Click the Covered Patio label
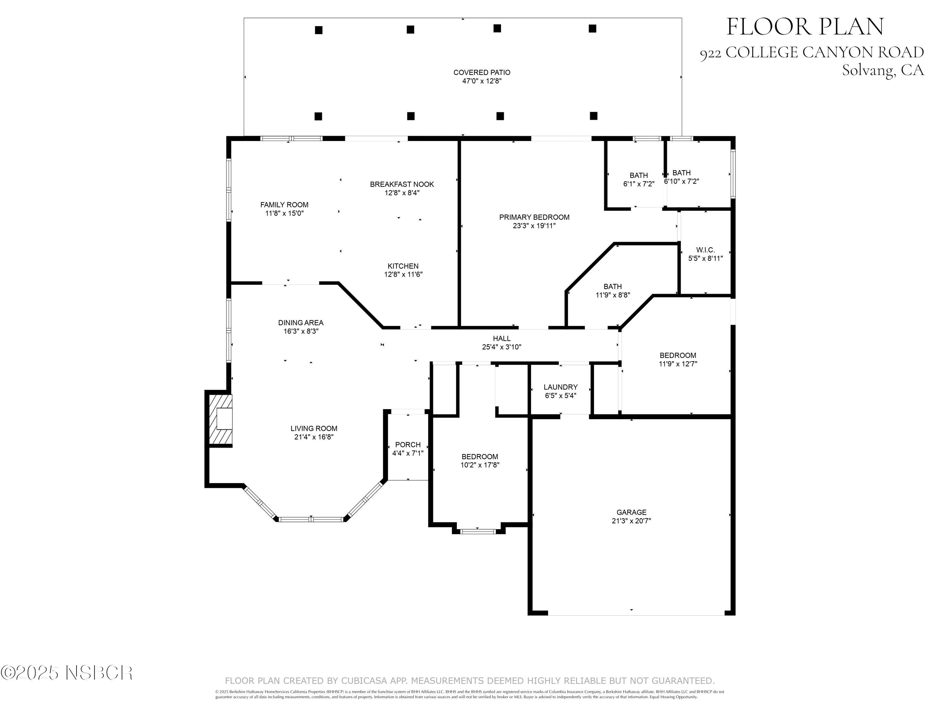point(482,73)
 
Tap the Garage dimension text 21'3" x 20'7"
point(631,520)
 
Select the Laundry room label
point(560,387)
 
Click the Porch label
point(408,445)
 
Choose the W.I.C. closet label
point(705,250)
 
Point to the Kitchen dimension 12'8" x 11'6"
point(403,274)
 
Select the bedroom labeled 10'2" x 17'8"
point(480,461)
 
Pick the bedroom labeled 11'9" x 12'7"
point(678,359)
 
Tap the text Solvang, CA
point(883,70)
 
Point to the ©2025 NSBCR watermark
point(67,673)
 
